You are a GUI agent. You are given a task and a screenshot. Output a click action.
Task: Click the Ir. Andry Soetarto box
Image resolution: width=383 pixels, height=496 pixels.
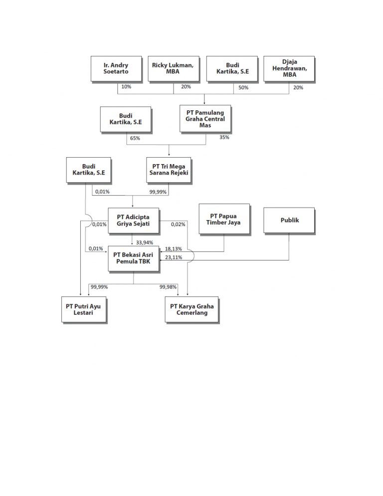pos(116,68)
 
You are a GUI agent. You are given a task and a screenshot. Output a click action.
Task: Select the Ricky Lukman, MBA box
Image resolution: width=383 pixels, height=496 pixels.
pos(173,68)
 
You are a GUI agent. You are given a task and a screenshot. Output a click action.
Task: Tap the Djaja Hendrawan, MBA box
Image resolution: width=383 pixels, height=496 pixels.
pos(289,68)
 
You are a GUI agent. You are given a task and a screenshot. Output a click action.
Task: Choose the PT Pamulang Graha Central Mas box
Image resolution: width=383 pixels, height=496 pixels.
pos(205,119)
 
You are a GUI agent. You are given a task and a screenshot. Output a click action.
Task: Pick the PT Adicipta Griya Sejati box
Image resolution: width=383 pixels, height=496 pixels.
pos(133,220)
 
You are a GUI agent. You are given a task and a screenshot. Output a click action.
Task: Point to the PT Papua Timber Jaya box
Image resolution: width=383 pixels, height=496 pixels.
pos(223,220)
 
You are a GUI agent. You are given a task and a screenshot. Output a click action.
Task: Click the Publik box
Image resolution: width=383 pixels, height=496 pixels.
pos(289,220)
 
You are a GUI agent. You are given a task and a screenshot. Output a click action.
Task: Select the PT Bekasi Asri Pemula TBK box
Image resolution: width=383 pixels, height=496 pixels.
pos(133,258)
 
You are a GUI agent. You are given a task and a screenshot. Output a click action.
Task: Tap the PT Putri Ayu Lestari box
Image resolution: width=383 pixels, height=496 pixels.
pos(83,309)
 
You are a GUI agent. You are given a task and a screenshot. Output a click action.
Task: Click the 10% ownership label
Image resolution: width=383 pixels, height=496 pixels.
pos(126,87)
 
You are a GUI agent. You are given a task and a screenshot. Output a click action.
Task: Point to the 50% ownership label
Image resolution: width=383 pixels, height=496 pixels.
pos(244,87)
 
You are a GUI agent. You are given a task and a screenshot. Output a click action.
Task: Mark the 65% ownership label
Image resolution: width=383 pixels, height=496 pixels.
pos(135,138)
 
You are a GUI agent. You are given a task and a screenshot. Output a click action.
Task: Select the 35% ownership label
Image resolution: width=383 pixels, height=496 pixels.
pos(224,137)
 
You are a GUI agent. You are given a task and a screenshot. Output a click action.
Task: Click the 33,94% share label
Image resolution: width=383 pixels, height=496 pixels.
pos(145,243)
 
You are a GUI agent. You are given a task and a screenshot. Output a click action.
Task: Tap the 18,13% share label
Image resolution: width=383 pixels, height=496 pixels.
pos(174,248)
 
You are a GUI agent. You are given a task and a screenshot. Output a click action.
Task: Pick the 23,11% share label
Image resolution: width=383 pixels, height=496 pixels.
pos(174,257)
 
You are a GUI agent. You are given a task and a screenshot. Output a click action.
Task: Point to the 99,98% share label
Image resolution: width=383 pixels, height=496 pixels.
pos(169,287)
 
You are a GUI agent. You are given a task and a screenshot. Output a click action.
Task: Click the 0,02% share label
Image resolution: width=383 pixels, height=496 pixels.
pos(178,225)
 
